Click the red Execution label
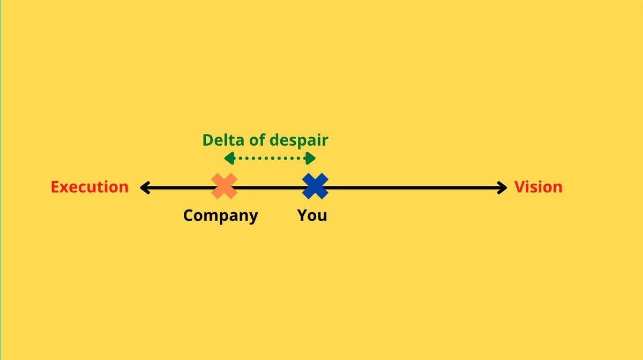(89, 187)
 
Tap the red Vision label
(538, 187)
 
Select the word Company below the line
(220, 216)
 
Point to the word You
(312, 216)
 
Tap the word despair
(299, 141)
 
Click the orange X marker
(225, 186)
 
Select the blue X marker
(315, 186)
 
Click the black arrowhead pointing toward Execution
(144, 187)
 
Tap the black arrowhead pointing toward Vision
(502, 187)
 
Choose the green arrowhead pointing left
(229, 158)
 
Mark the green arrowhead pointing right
(310, 158)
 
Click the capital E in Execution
(55, 187)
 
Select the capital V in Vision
(519, 187)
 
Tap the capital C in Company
(189, 216)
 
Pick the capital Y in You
(303, 216)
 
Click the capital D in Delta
(208, 140)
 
